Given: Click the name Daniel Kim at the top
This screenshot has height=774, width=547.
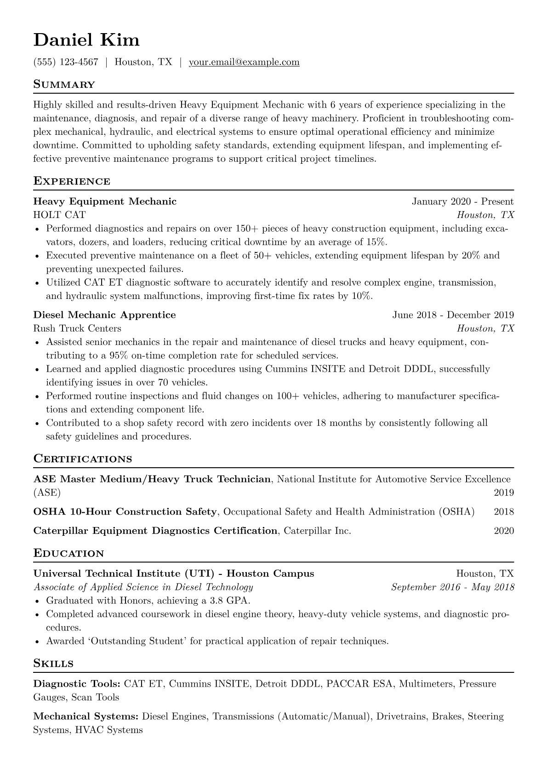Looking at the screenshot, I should (86, 40).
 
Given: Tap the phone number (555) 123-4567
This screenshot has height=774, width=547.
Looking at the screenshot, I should (66, 62).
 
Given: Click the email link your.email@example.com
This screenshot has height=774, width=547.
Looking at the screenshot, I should (244, 62).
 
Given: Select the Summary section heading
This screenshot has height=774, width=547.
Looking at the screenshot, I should (64, 85).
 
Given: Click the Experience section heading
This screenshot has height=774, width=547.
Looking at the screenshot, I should (72, 181).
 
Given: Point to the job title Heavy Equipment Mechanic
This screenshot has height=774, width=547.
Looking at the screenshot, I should (105, 201).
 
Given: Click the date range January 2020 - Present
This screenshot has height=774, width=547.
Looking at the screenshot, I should (462, 201).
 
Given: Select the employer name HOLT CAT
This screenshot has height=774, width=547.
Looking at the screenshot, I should (59, 215).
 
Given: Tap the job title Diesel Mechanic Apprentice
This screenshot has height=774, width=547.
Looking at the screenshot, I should (104, 315).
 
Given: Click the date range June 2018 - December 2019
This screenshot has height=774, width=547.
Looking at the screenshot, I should (453, 315).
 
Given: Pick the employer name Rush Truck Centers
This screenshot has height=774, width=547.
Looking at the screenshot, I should (77, 328).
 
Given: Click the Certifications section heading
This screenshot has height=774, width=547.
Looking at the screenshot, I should (83, 459).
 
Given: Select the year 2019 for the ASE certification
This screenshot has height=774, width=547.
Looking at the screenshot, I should (504, 493).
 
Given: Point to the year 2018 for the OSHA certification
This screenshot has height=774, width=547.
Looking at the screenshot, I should (504, 512).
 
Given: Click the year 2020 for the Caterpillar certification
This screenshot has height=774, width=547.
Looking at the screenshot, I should (504, 531).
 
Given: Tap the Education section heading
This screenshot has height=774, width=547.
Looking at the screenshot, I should (69, 553).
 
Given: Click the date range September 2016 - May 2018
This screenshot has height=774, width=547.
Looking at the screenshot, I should (452, 587).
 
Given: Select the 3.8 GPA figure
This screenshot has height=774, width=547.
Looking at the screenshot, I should (228, 601).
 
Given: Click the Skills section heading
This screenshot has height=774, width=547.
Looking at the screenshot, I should (53, 664).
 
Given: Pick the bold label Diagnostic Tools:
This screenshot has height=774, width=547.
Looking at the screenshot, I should (77, 684).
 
